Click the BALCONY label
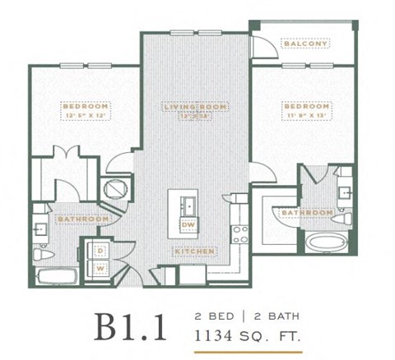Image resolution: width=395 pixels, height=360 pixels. (x=305, y=44)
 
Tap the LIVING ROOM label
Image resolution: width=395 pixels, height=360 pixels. (x=195, y=107)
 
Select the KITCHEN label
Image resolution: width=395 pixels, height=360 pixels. (x=194, y=250)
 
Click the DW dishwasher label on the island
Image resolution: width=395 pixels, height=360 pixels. (x=188, y=224)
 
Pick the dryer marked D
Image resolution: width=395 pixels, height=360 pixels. (x=100, y=249)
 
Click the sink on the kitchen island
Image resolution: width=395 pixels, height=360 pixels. (x=188, y=203)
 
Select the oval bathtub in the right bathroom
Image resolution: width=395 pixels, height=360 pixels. (x=327, y=244)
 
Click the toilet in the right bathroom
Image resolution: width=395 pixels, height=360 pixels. (x=347, y=219)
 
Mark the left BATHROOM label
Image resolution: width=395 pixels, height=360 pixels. (x=82, y=219)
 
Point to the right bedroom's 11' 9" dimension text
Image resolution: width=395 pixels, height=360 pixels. (x=294, y=116)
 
